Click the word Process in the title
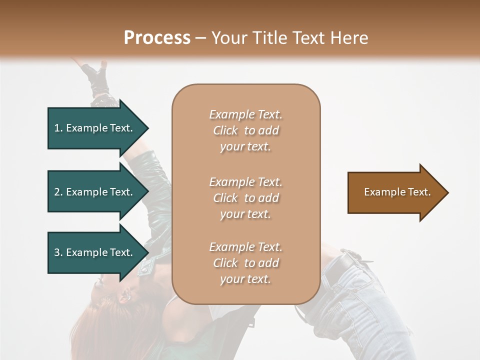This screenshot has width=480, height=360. (x=157, y=38)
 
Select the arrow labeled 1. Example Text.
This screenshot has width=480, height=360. (x=93, y=128)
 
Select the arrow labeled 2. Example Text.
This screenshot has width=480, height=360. (x=93, y=192)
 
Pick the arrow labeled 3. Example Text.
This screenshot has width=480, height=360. (x=93, y=252)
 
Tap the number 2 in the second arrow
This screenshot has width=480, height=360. (x=57, y=192)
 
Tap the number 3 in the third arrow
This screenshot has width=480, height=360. (x=57, y=252)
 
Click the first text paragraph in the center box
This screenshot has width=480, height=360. (x=245, y=130)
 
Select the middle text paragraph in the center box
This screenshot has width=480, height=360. (x=245, y=198)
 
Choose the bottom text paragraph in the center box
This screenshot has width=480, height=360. (x=245, y=263)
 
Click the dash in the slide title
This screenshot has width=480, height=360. (x=201, y=38)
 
